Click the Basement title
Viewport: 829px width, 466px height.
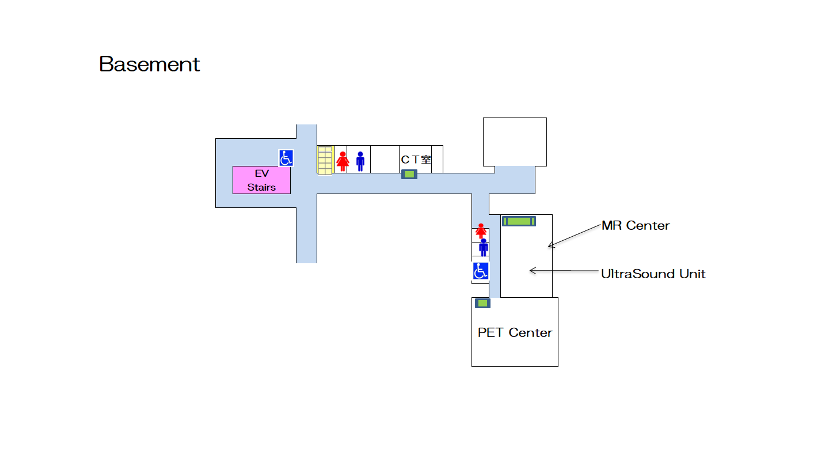pos(149,64)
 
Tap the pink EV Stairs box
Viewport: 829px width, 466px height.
pos(261,180)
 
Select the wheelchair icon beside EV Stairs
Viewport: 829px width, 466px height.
pos(286,158)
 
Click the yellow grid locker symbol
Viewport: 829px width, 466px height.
pos(325,160)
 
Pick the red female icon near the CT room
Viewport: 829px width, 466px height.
pos(343,161)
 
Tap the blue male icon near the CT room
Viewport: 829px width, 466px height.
pos(360,161)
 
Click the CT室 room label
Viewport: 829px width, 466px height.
pos(416,159)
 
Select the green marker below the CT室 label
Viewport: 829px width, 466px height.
pos(409,175)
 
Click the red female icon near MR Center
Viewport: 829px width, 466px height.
pos(481,231)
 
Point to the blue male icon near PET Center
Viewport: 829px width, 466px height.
pos(484,247)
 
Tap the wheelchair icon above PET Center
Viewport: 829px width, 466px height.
pos(481,271)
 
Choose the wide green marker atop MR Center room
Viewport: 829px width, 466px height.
pos(519,221)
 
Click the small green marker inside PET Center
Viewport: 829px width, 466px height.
pos(482,303)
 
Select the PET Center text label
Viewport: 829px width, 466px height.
pos(515,332)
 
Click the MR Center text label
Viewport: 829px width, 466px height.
pos(636,225)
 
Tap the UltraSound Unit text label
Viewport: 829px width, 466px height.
pos(653,274)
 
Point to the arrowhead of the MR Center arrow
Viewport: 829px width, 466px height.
pos(550,246)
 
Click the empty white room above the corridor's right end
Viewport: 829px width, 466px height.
pos(514,142)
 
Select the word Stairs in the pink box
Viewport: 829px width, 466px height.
pos(261,187)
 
